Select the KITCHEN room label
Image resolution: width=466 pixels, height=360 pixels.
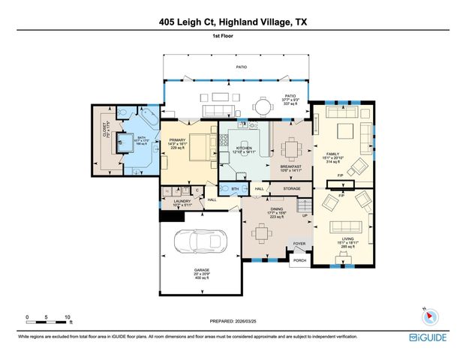coord(245,148)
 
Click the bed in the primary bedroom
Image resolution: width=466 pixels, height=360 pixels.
coord(199,146)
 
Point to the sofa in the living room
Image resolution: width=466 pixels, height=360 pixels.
coord(346,228)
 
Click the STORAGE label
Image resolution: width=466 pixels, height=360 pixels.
coord(291,188)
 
